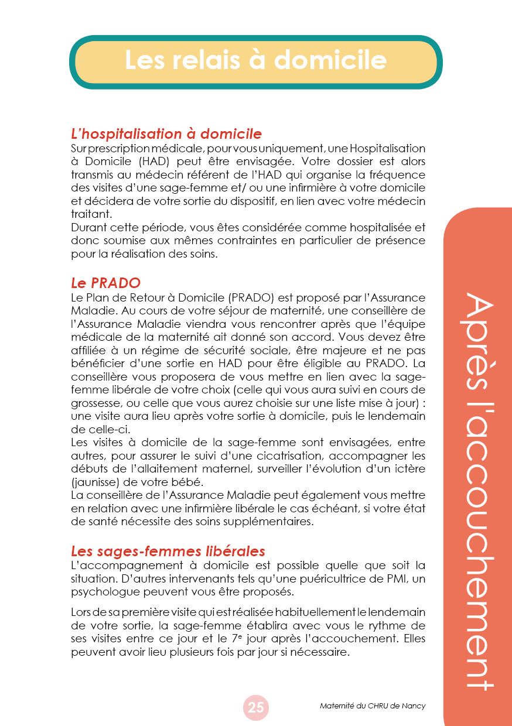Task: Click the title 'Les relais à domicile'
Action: point(255,61)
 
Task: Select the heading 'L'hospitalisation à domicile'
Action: point(166,133)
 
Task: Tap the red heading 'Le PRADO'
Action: point(105,283)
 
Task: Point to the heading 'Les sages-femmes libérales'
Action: point(168,551)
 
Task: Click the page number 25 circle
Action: point(256,707)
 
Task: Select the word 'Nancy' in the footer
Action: point(414,706)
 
